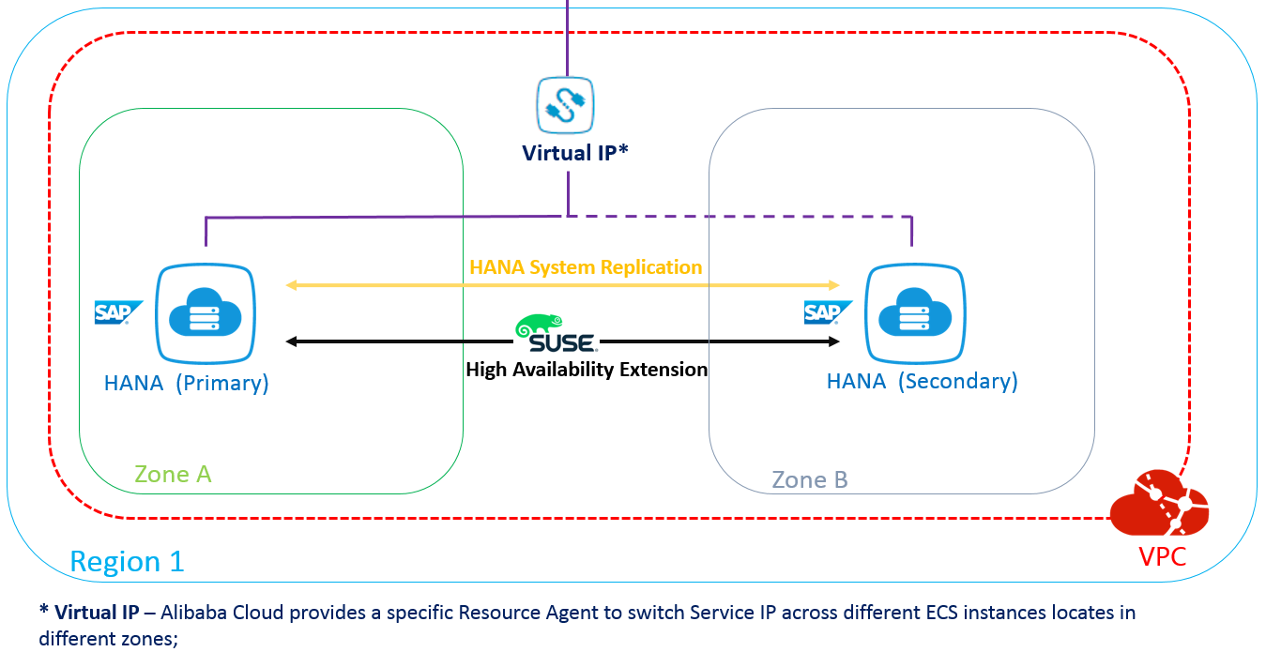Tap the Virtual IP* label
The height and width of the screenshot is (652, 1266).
[x=575, y=153]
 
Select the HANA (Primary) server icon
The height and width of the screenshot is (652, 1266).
[x=206, y=314]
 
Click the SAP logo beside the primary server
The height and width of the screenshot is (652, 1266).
[x=118, y=312]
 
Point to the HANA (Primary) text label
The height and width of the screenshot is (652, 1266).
[x=186, y=383]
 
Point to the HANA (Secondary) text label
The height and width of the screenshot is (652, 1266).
[x=922, y=382]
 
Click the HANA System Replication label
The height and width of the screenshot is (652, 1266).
[x=586, y=267]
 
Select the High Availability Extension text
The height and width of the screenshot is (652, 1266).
[x=587, y=370]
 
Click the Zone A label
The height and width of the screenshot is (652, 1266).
[x=173, y=475]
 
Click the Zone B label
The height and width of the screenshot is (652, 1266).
[x=809, y=480]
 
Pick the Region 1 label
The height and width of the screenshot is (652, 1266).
[x=127, y=562]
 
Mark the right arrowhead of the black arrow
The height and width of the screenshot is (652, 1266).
[x=832, y=341]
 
